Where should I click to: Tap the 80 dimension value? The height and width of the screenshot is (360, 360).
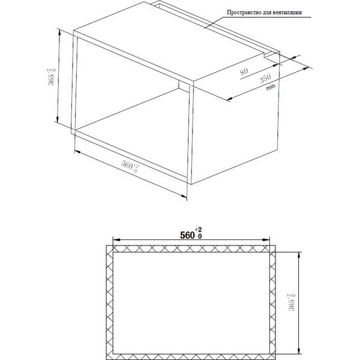point(244,71)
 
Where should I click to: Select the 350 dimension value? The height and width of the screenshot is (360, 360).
point(265,78)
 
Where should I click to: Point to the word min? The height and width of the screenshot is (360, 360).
point(271,87)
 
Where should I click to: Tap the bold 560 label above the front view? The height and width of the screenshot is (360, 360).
point(191,234)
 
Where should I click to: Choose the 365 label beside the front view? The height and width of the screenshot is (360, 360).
point(292,302)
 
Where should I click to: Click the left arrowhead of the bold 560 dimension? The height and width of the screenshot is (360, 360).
point(116,239)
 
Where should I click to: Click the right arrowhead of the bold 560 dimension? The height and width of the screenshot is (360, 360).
point(266,239)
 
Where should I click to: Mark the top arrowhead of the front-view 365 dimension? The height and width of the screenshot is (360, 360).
point(298,256)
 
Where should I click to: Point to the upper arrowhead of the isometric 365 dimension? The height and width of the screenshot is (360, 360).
point(59,33)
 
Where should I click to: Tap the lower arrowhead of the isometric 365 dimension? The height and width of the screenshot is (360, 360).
point(58,118)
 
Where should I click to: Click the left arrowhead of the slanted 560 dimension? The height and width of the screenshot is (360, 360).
point(78,152)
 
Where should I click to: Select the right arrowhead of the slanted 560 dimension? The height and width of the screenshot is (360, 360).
point(184,196)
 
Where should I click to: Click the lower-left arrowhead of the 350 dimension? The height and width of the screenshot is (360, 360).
point(230,98)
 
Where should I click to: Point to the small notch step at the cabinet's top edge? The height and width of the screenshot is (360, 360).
point(265,56)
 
